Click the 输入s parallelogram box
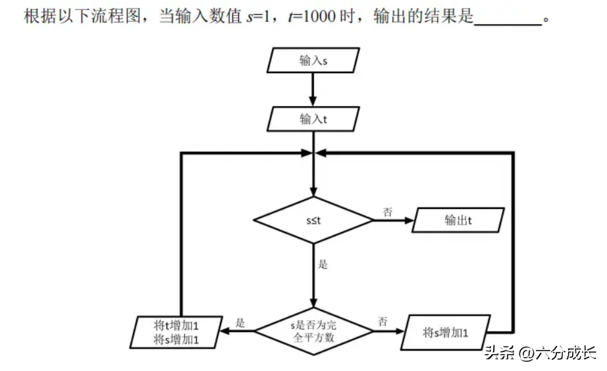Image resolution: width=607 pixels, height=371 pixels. pos(313,61)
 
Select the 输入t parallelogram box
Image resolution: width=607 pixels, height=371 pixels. pos(313,119)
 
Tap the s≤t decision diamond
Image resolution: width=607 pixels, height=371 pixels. pos(313,220)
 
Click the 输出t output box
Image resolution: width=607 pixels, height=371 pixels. pos(458,220)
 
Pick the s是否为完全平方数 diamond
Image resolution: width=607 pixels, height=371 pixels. pos(313,331)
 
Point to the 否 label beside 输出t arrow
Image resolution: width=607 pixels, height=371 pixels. pos(388,212)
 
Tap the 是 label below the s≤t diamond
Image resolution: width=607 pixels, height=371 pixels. pos(323,265)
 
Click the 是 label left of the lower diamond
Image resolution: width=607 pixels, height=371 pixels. pos(240,323)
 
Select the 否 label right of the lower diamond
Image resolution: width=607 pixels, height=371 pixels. pos(383,322)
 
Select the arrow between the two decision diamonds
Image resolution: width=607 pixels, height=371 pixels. pos(313,277)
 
